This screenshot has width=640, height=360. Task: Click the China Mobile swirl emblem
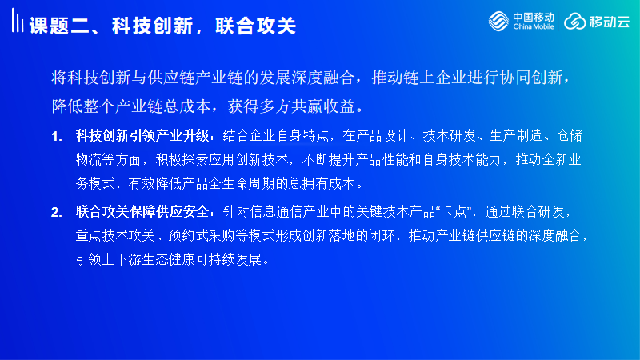click(498, 21)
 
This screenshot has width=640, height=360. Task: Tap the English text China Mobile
click(534, 26)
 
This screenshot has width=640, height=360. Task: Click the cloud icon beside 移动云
click(574, 22)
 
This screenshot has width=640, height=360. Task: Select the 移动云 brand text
click(610, 22)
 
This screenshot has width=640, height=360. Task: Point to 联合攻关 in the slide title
click(255, 26)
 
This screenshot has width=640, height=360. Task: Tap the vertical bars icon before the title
click(17, 21)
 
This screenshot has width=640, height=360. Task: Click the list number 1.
click(56, 136)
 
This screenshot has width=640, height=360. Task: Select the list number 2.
click(56, 212)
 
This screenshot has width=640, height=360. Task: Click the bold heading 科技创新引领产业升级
click(142, 135)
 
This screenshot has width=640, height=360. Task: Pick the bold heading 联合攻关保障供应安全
click(142, 211)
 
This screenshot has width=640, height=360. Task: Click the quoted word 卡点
click(454, 211)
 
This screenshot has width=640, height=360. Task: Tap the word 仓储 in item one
click(569, 135)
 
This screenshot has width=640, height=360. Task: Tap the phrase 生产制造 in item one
click(515, 135)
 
